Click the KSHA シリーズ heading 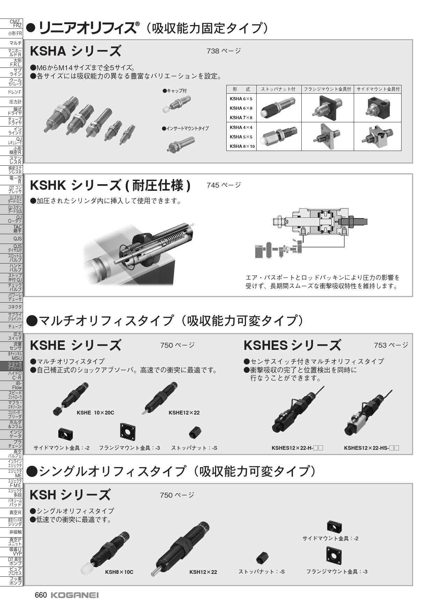[75, 51]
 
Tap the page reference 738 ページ [223, 51]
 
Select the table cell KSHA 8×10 [242, 146]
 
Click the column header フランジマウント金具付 [327, 89]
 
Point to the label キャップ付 [175, 91]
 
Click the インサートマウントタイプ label [185, 129]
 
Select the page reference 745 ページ [223, 185]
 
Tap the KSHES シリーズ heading [292, 345]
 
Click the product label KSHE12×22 [184, 412]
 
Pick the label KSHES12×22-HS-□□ [371, 448]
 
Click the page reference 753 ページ [391, 345]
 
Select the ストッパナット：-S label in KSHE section [194, 448]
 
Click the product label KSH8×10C [119, 572]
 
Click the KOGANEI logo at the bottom [74, 595]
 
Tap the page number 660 [41, 595]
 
